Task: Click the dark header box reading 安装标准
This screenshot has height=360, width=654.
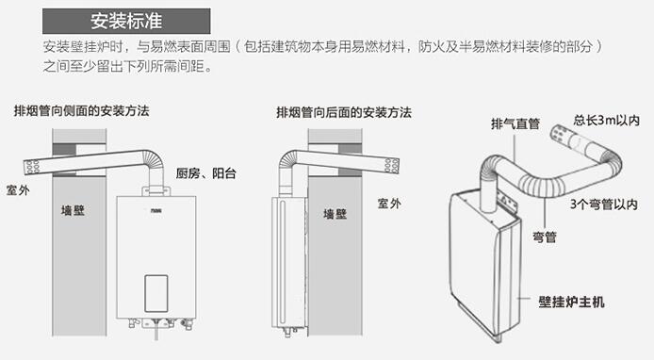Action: tap(126, 21)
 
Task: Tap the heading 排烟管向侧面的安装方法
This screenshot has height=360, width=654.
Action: tap(82, 111)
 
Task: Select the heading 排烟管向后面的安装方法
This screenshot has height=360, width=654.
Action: tap(344, 112)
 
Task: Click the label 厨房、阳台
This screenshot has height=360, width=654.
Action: tap(206, 173)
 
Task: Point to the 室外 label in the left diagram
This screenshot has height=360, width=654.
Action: tap(18, 190)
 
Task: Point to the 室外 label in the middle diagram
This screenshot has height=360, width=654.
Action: tap(389, 204)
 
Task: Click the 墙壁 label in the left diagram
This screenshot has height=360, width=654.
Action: tap(73, 210)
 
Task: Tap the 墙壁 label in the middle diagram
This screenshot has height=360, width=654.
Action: tap(335, 215)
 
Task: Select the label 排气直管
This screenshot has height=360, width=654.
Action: tap(515, 123)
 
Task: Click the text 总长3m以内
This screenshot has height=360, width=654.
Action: tap(607, 121)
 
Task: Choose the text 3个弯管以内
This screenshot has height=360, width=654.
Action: tap(604, 205)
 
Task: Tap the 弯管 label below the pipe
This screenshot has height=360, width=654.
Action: tap(545, 237)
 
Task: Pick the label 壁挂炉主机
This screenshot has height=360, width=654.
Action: tap(571, 302)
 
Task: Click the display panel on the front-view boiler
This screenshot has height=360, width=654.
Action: tap(156, 293)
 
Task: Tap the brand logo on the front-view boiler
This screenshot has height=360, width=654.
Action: tap(156, 211)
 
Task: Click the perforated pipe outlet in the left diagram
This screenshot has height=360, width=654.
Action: tap(32, 167)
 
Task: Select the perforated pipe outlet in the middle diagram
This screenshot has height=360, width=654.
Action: tap(391, 166)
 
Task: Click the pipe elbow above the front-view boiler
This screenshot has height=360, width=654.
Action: tap(154, 159)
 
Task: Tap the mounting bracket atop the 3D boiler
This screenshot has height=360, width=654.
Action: tap(508, 201)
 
